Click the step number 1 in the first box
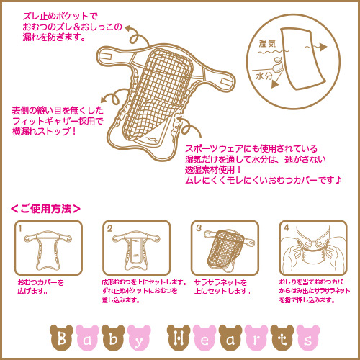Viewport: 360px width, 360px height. click(20, 228)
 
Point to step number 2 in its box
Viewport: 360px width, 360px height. click(109, 228)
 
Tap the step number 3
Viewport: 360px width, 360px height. click(199, 228)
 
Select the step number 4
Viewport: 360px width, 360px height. click(287, 228)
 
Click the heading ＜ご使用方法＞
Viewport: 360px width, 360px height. click(45, 209)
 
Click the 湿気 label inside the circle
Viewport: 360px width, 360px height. click(267, 44)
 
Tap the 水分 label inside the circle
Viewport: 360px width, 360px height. click(264, 76)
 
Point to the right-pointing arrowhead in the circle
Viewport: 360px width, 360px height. click(323, 48)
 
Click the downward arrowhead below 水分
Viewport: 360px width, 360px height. click(275, 84)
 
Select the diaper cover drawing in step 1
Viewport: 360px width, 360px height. click(48, 250)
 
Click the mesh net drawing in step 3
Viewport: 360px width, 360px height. click(225, 248)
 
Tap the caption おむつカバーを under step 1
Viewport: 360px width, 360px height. click(41, 282)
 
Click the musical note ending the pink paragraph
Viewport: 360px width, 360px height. click(338, 180)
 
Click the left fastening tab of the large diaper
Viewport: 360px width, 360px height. click(105, 56)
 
